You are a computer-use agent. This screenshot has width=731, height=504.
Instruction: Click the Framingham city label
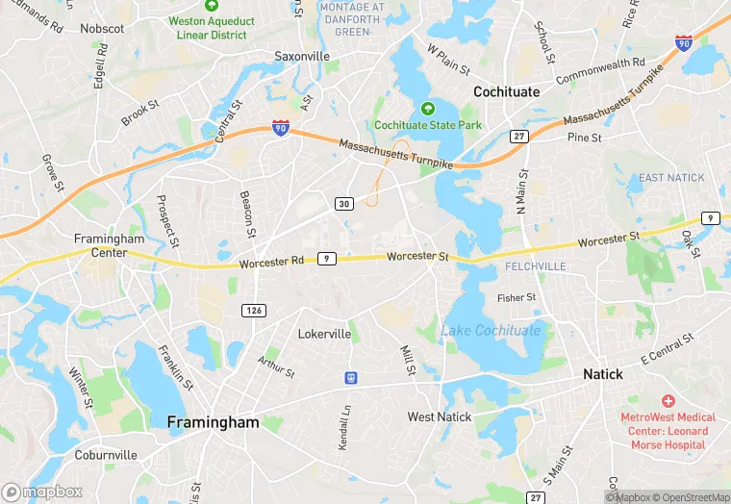214,422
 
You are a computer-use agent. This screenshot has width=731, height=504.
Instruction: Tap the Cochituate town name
506,91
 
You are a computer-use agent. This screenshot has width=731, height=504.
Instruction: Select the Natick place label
604,374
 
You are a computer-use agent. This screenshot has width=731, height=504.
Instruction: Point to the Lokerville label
324,334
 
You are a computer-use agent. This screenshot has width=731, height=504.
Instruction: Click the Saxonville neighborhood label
302,57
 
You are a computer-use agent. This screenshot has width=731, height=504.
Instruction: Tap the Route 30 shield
343,204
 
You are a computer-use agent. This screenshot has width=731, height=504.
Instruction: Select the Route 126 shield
252,310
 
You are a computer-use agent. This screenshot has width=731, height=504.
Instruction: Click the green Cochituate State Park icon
427,109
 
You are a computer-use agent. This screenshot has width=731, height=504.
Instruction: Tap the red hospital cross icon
668,400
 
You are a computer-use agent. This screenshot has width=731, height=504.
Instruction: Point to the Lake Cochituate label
491,331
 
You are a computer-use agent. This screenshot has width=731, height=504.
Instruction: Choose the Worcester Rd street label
271,262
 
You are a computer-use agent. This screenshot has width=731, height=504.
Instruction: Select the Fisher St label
517,298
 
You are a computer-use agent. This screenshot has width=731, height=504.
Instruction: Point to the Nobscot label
102,29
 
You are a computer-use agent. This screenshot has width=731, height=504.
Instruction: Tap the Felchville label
535,265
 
